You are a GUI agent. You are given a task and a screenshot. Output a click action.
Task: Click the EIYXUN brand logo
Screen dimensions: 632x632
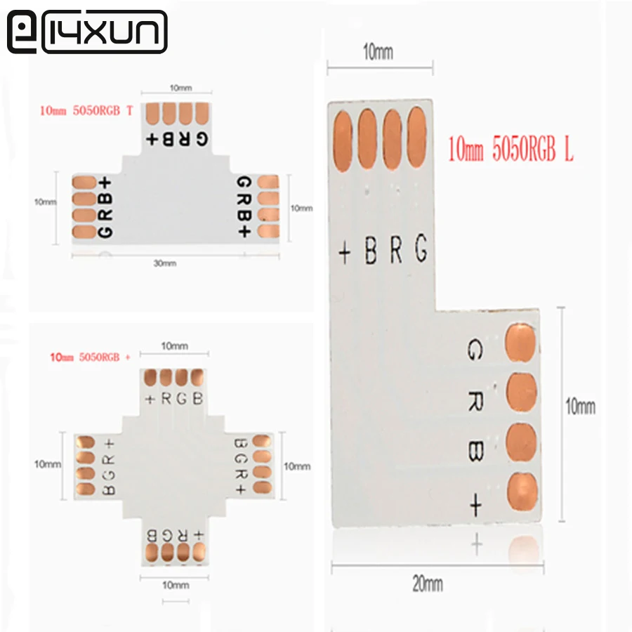coord(87,32)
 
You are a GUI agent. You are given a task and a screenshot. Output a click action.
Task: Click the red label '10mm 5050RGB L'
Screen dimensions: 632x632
coord(511,149)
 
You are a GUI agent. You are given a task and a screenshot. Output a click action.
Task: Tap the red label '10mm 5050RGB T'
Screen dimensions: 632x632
coord(86,110)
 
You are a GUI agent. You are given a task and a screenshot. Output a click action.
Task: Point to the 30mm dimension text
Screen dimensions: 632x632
coord(165,263)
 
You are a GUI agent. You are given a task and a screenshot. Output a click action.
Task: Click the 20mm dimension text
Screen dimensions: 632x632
coord(428,584)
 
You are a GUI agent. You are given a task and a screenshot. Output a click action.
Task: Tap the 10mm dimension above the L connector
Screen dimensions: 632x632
coord(378,52)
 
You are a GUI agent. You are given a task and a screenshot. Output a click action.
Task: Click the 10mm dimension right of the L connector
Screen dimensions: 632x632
coord(581,407)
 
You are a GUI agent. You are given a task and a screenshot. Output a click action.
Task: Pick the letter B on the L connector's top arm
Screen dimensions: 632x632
coord(371,250)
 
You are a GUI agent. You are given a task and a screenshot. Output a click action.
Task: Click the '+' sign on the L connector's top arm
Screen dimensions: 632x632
coord(345,253)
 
